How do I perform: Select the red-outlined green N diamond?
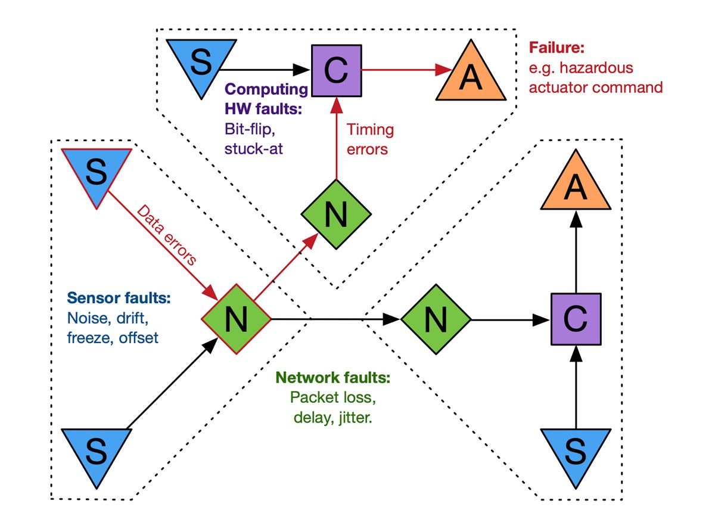tap(236, 319)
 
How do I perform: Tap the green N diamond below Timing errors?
tap(336, 214)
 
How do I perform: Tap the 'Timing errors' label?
tap(369, 139)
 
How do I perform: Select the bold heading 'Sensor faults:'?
tap(119, 298)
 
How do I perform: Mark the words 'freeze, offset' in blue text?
tap(113, 338)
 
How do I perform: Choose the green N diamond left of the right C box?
tap(435, 319)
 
